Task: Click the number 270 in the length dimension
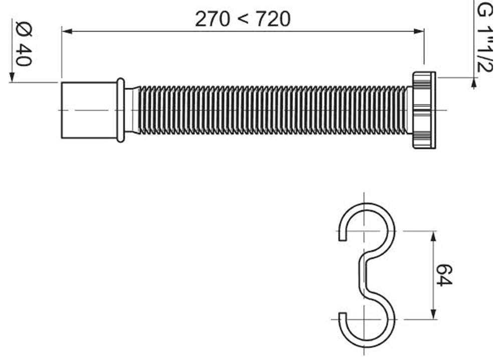point(212,20)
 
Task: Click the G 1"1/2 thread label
point(483,38)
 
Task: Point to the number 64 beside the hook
point(444,275)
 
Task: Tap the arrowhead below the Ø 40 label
point(12,76)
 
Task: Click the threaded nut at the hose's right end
point(423,110)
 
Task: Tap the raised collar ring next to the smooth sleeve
point(120,110)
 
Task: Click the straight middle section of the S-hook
point(362,275)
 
